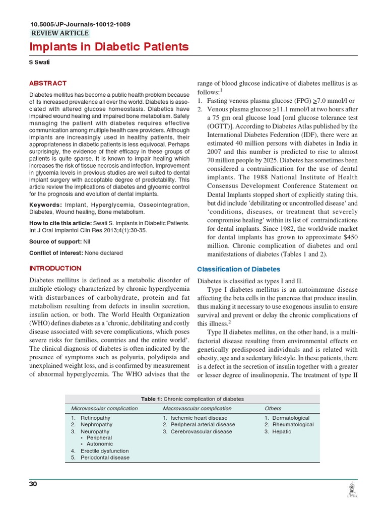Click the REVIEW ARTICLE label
click(60, 33)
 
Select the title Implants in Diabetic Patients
click(109, 47)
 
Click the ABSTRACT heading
click(48, 83)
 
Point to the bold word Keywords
click(45, 205)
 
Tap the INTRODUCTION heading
click(55, 268)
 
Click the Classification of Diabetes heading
click(238, 269)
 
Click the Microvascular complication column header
click(104, 408)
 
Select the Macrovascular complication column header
click(197, 408)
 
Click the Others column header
click(273, 408)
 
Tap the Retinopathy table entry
click(95, 418)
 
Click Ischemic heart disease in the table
click(199, 418)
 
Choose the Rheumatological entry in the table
click(292, 425)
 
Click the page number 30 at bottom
click(34, 484)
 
